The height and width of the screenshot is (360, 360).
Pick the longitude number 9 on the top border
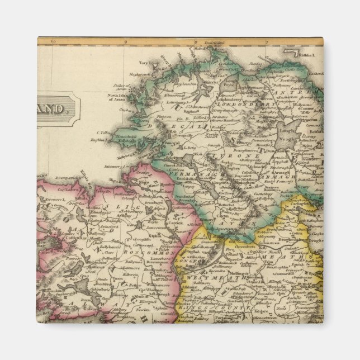click(x=125, y=41)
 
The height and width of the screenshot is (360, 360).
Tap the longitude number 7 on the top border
click(x=267, y=41)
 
